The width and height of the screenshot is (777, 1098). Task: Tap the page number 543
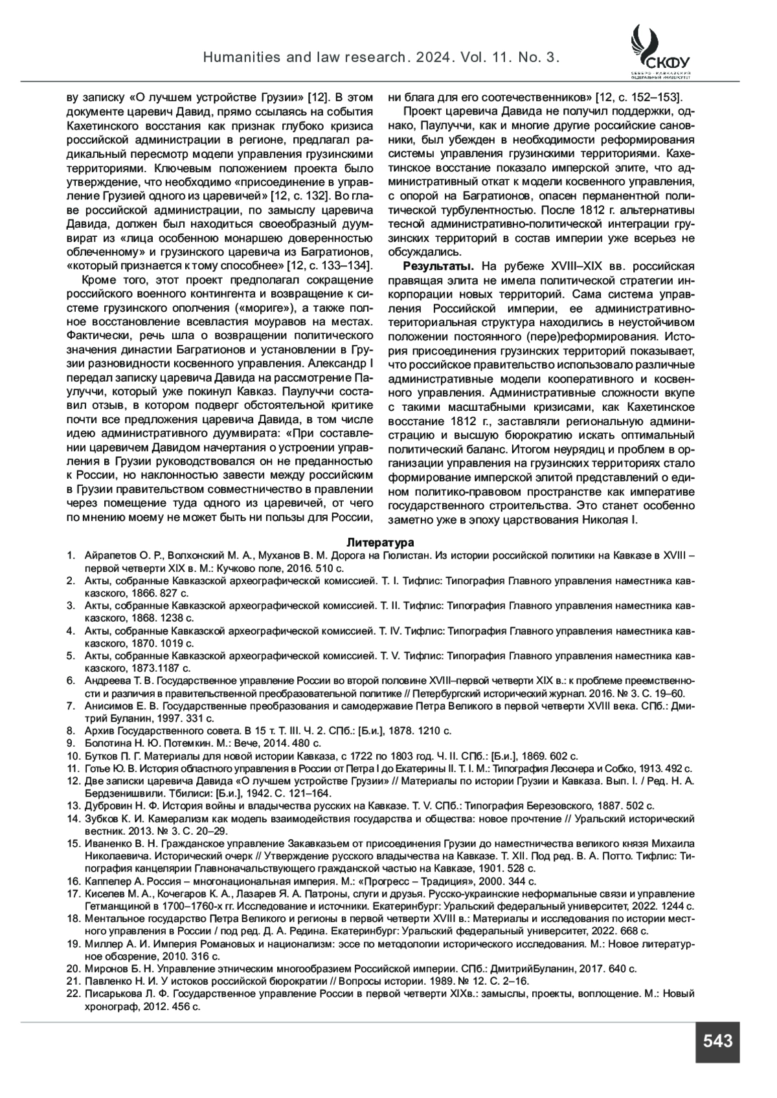(x=717, y=1041)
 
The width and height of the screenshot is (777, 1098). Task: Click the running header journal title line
(x=381, y=58)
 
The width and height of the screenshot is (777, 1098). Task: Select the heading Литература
(x=380, y=542)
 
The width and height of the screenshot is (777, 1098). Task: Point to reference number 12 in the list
(x=73, y=781)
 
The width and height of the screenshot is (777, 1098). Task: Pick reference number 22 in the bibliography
(x=73, y=993)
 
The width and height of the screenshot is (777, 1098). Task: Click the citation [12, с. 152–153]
(x=638, y=97)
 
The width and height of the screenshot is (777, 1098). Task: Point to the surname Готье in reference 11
(x=98, y=769)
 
